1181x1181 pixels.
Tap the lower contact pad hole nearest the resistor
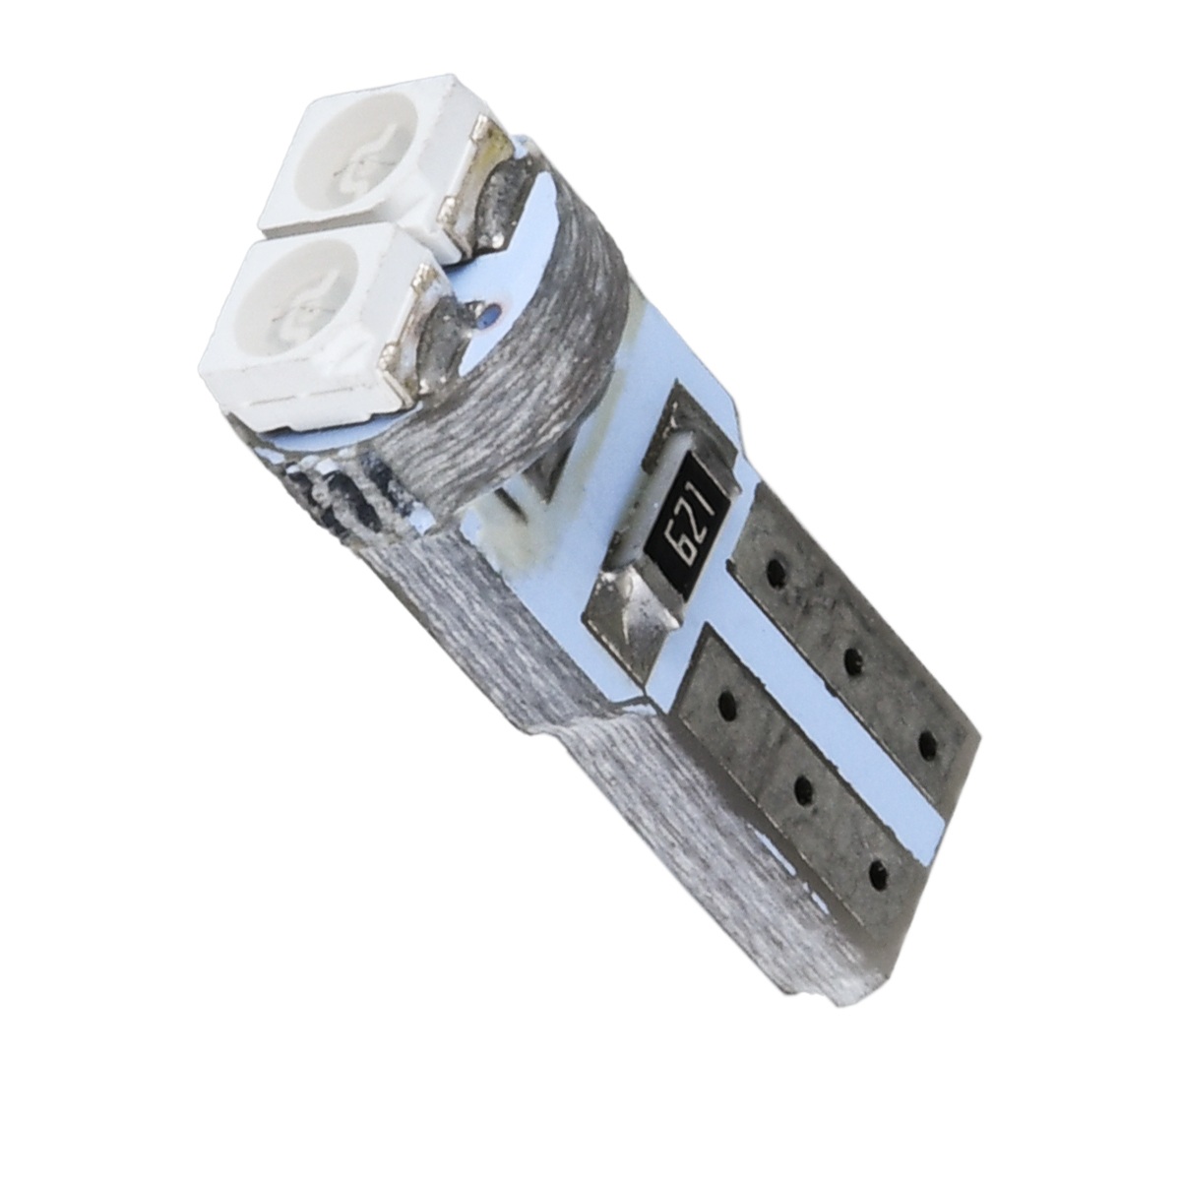click(x=729, y=704)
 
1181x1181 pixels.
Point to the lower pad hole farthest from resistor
click(x=877, y=870)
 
